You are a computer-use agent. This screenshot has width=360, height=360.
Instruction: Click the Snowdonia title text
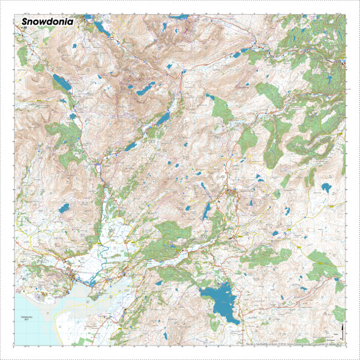(47, 21)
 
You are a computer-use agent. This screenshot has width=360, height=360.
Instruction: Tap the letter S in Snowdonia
(25, 21)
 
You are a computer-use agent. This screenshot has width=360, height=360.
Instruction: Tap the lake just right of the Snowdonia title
(99, 28)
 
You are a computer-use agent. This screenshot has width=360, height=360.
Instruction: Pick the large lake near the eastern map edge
(327, 188)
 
